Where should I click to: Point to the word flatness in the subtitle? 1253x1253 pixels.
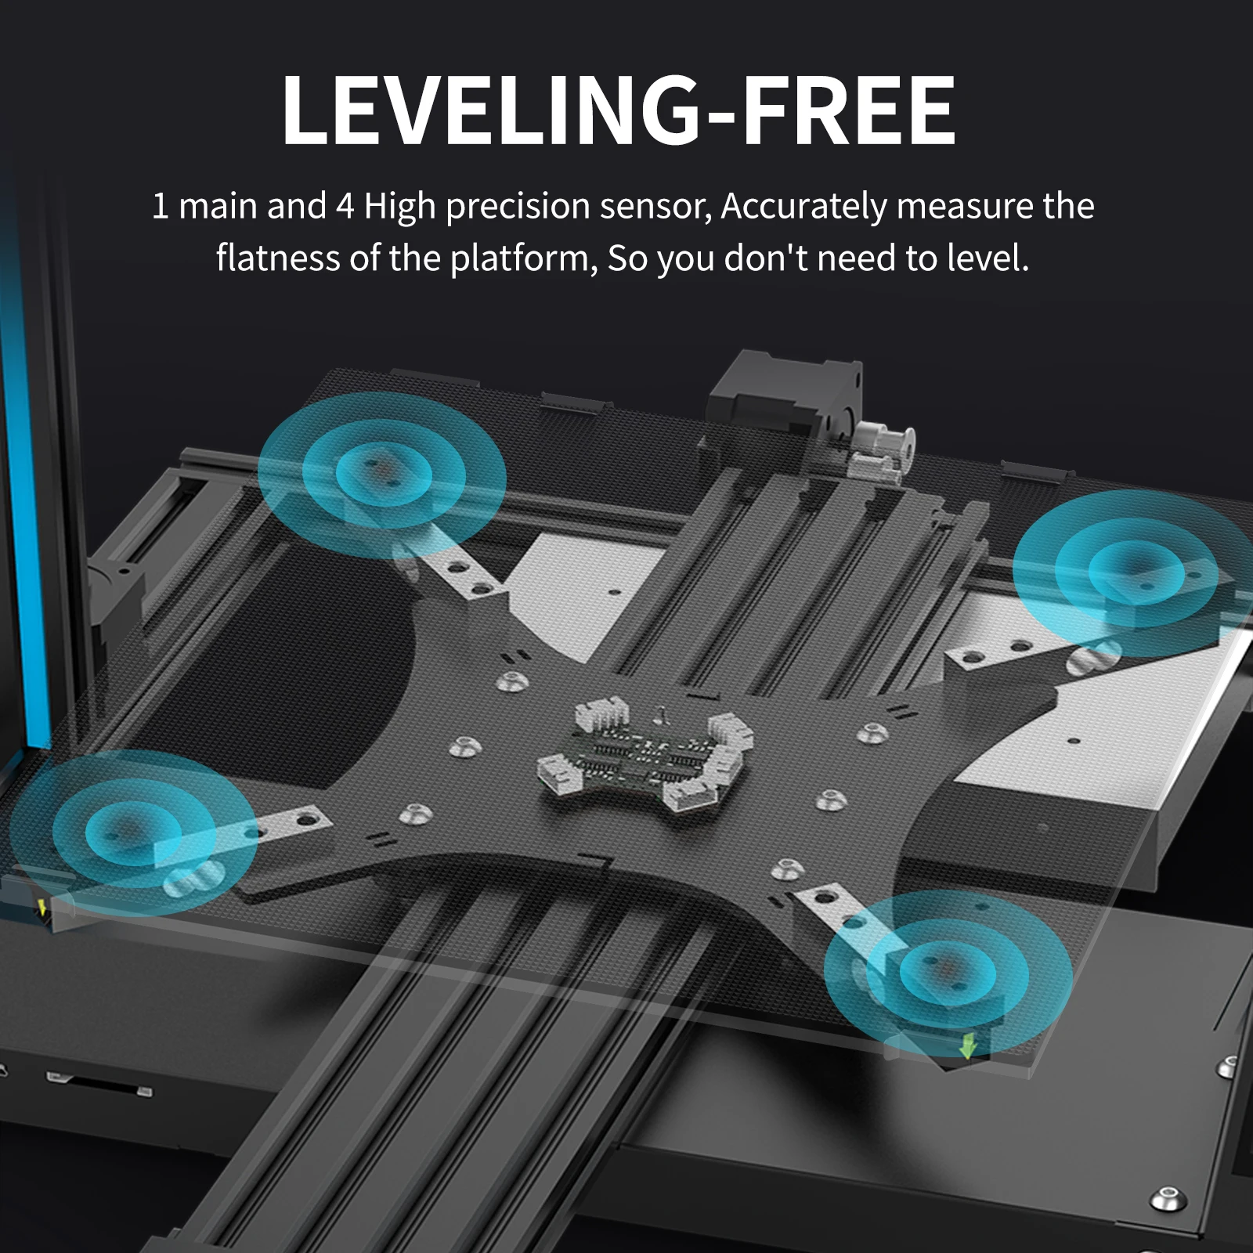pyautogui.click(x=278, y=258)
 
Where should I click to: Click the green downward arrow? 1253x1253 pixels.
pyautogui.click(x=969, y=1045)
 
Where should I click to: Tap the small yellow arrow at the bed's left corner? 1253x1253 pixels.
pyautogui.click(x=42, y=908)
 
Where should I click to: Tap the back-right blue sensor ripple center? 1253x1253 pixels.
pyautogui.click(x=1135, y=571)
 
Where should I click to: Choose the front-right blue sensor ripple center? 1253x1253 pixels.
pyautogui.click(x=948, y=972)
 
